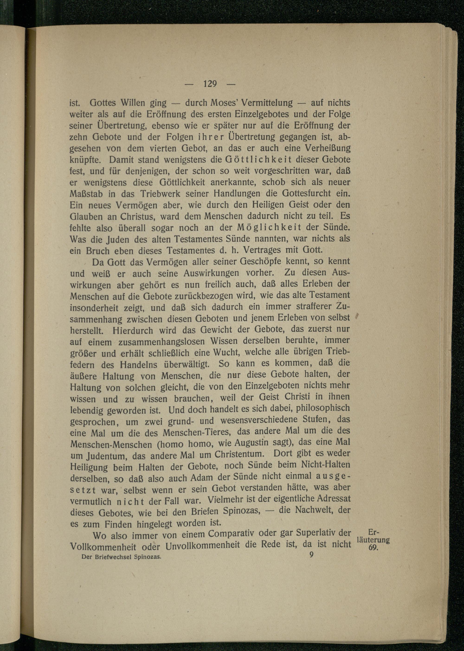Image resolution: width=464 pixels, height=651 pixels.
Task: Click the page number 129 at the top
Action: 210,84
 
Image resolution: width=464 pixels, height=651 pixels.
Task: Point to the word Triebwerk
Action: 161,194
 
